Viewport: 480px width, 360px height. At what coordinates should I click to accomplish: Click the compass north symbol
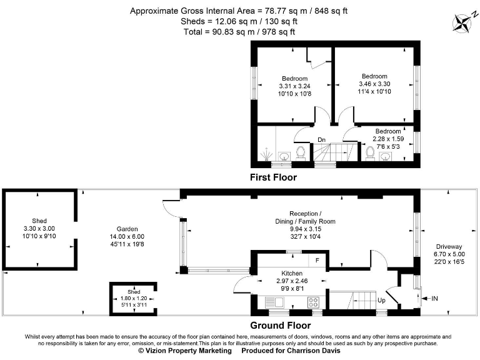[464, 22]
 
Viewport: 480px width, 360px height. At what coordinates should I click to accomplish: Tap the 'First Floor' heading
[273, 177]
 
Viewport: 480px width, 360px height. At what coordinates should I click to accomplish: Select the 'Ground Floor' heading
[280, 325]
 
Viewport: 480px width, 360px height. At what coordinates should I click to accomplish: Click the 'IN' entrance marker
[436, 299]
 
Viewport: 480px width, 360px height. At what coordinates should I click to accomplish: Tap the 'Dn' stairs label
[321, 139]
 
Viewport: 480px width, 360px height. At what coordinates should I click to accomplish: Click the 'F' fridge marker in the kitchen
[317, 260]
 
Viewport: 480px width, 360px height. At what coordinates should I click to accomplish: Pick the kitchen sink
[274, 302]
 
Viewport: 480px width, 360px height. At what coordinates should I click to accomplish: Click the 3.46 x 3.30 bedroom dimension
[374, 84]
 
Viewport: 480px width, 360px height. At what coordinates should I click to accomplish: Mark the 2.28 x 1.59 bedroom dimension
[387, 138]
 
